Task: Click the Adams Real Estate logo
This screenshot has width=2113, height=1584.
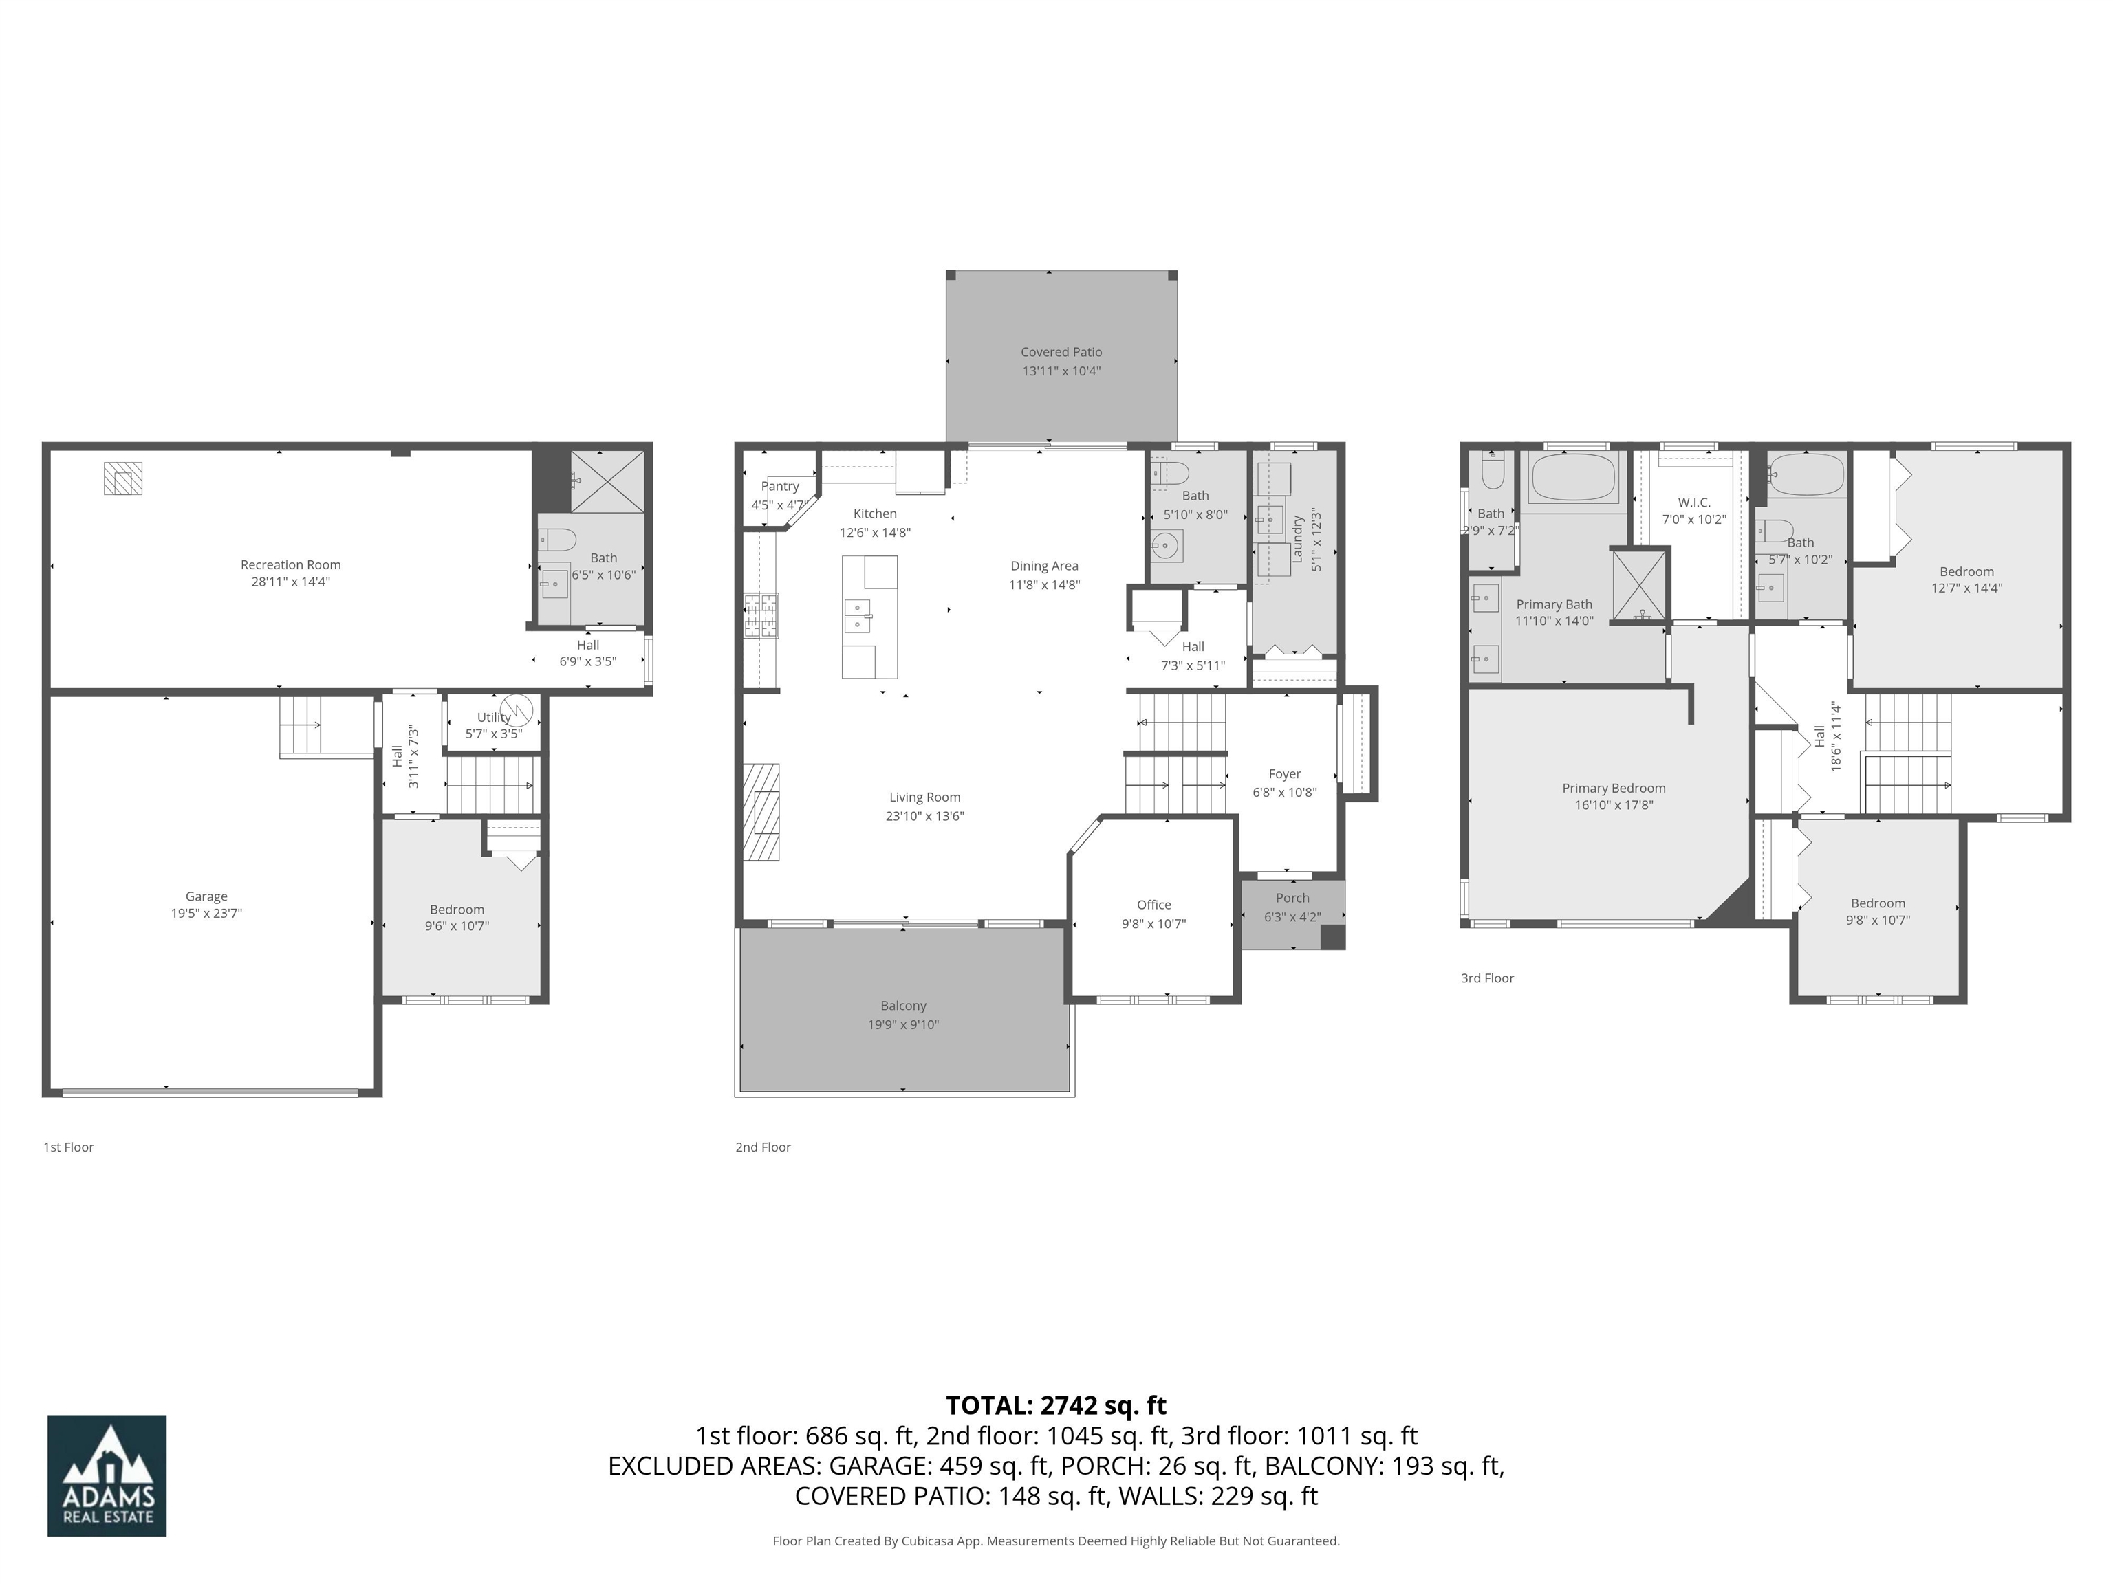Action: pyautogui.click(x=107, y=1475)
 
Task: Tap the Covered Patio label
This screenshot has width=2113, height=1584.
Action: pyautogui.click(x=1061, y=352)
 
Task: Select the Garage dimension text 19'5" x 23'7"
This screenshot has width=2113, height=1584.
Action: pyautogui.click(x=206, y=914)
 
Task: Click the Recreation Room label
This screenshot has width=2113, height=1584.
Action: pyautogui.click(x=290, y=565)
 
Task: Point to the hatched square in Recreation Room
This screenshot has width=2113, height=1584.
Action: pyautogui.click(x=123, y=478)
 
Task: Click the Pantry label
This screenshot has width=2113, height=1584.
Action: pyautogui.click(x=779, y=487)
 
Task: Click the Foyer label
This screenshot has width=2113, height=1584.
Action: pyautogui.click(x=1284, y=774)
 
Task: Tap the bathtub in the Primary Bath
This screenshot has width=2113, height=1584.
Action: pyautogui.click(x=1573, y=476)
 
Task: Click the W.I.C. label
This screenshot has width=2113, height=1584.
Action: pyautogui.click(x=1693, y=503)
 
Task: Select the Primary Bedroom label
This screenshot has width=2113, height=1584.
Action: pyautogui.click(x=1614, y=789)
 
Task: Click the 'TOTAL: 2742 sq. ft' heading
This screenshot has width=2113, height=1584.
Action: pyautogui.click(x=1056, y=1405)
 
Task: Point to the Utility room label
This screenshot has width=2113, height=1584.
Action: pyautogui.click(x=493, y=718)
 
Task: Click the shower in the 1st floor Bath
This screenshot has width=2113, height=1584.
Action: pyautogui.click(x=607, y=481)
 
